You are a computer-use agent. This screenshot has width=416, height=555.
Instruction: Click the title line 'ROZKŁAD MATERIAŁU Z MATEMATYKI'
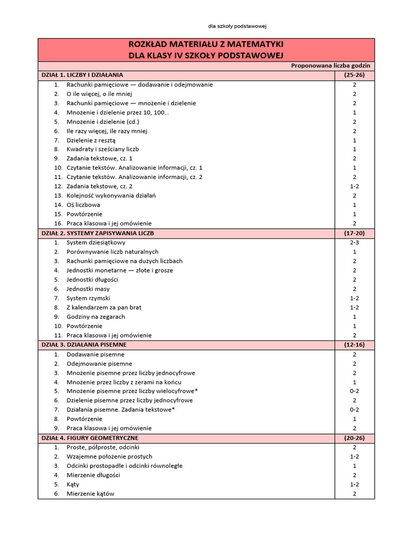(x=206, y=44)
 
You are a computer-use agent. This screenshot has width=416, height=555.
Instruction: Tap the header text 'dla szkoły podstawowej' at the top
(x=238, y=26)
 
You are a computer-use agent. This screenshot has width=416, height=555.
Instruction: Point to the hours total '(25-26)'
(x=354, y=75)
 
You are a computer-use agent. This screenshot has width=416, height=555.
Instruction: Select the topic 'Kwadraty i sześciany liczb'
(x=103, y=149)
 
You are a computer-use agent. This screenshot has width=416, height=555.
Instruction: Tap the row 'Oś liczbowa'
(x=83, y=205)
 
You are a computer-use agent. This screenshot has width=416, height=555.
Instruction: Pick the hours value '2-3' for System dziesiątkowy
(x=354, y=242)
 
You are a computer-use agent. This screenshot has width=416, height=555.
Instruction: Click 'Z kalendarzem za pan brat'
(x=103, y=307)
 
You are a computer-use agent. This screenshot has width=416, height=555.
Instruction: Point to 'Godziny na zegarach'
(x=95, y=317)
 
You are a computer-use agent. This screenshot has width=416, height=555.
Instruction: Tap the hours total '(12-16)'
(x=354, y=344)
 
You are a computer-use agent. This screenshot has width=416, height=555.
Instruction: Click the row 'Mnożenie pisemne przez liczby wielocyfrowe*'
(x=132, y=391)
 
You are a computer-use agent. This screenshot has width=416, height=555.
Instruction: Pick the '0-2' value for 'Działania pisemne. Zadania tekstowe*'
(x=354, y=410)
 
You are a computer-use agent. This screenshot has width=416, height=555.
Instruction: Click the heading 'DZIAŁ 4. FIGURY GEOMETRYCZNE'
(x=89, y=437)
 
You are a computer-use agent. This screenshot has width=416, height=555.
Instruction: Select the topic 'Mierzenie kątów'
(x=90, y=494)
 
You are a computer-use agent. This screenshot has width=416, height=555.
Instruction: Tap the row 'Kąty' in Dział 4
(x=73, y=484)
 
